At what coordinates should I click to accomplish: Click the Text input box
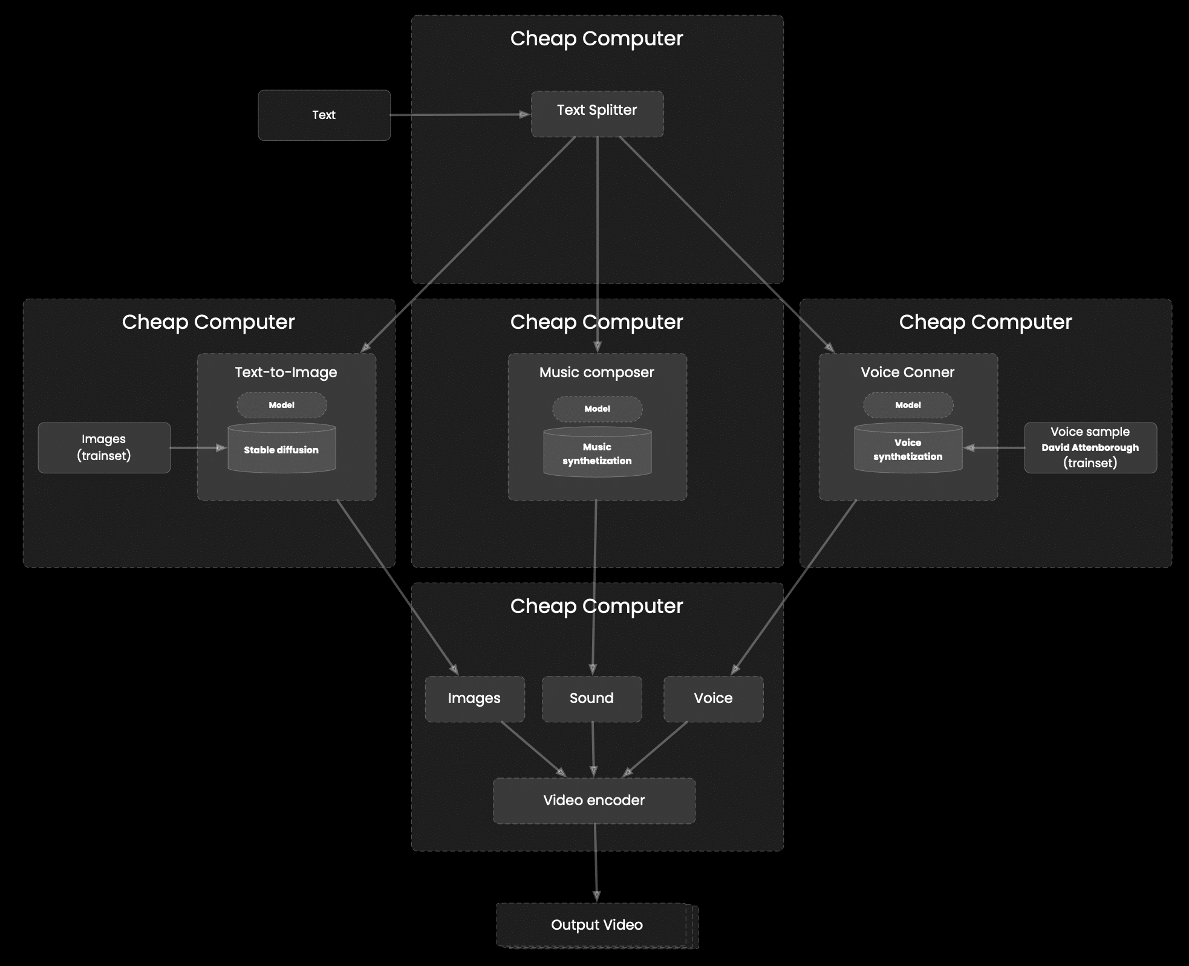(324, 115)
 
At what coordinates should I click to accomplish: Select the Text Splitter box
(598, 114)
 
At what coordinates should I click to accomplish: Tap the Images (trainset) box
(104, 447)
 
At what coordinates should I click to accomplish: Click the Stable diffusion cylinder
(282, 448)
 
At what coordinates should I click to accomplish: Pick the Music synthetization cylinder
(598, 452)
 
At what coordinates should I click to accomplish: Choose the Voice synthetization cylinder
(908, 448)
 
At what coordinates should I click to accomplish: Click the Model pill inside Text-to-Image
(282, 405)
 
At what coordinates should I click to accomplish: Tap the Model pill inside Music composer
(598, 409)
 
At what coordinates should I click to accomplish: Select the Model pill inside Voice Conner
(908, 405)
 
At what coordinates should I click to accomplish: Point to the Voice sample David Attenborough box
(1090, 447)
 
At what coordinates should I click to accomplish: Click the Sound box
(592, 699)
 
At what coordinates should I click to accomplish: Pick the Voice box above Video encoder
(714, 699)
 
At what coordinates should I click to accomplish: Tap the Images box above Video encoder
(475, 699)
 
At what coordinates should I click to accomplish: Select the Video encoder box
(594, 801)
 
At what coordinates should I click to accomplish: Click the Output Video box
(597, 925)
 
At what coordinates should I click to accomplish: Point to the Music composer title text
(597, 372)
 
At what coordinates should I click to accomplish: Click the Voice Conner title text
(908, 372)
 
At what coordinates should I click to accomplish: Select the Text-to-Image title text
(286, 372)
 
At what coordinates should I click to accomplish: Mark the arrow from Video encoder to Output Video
(596, 863)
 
